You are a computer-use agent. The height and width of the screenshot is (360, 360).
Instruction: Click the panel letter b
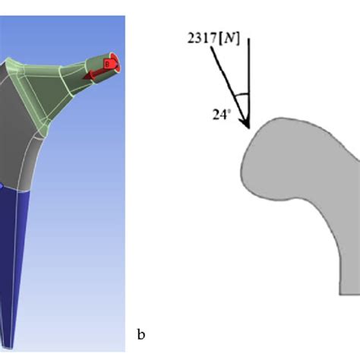[x=140, y=333]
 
